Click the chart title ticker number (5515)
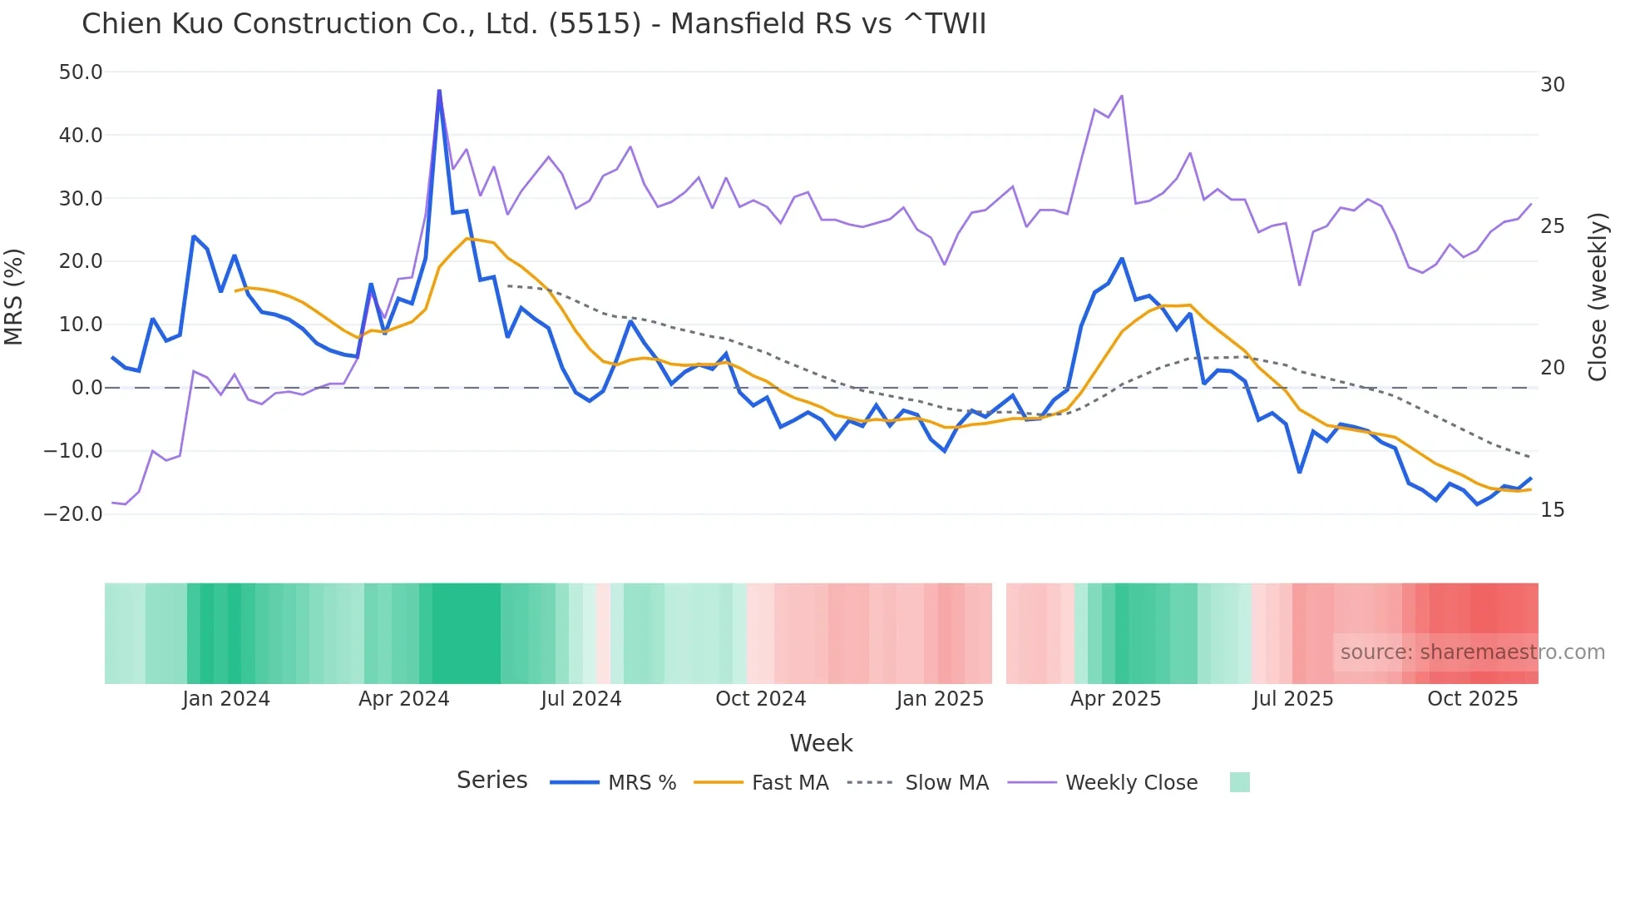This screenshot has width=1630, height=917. (595, 24)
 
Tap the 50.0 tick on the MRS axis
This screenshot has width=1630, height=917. (81, 72)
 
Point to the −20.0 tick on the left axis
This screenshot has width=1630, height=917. (73, 514)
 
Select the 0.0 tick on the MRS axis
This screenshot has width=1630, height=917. (87, 388)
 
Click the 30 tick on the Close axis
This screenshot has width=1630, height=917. (1552, 85)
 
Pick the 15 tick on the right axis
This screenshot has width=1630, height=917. (1552, 510)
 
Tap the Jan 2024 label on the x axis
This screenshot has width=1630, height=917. (226, 699)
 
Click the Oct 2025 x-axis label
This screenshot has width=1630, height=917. (1472, 699)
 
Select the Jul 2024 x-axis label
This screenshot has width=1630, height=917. (580, 699)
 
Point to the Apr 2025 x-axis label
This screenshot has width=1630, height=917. (1115, 699)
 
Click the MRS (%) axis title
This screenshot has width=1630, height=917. (14, 297)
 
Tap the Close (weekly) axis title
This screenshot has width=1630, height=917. (1598, 297)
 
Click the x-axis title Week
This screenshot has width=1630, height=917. (821, 743)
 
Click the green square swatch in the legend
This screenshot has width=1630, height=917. (1239, 782)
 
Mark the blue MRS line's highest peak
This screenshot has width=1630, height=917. (439, 92)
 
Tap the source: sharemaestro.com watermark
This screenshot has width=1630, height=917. (1472, 652)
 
